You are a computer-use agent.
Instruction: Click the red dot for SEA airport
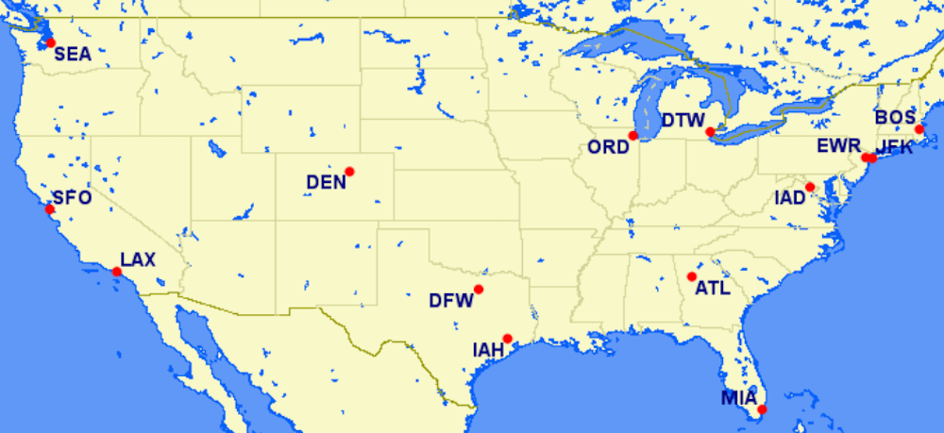[x=51, y=42]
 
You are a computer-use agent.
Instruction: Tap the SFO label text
[x=72, y=198]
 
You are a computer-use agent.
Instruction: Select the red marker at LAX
[x=117, y=272]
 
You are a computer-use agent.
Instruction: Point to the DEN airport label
[x=326, y=181]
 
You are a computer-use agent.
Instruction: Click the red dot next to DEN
[x=349, y=171]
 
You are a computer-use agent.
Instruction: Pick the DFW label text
[x=451, y=302]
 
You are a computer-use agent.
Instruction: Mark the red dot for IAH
[x=507, y=338]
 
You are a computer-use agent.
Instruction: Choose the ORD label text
[x=608, y=148]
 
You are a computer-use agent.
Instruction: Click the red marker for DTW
[x=710, y=132]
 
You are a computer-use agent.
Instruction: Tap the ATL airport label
[x=712, y=289]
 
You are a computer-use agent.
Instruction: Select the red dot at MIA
[x=763, y=409]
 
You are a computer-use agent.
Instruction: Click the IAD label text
[x=789, y=198]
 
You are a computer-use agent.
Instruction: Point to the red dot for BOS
[x=919, y=128]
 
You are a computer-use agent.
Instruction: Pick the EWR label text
[x=839, y=146]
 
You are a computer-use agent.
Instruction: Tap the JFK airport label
[x=899, y=148]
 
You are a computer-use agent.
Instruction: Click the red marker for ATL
[x=692, y=276]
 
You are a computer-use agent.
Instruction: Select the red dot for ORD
[x=633, y=136]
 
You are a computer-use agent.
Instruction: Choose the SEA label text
[x=73, y=55]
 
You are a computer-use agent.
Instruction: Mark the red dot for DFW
[x=479, y=289]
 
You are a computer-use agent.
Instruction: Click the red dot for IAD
[x=810, y=186]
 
